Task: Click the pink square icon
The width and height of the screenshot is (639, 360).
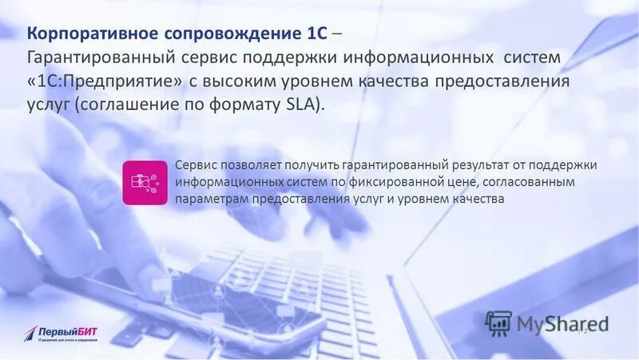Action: (x=145, y=182)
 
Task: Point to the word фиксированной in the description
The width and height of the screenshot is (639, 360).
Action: (x=379, y=182)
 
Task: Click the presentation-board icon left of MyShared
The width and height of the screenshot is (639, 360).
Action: (x=499, y=322)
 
